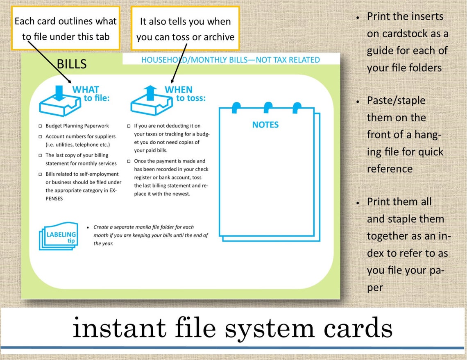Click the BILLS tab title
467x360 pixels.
72,64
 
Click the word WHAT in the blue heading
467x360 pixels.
86,90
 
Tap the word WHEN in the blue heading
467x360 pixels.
179,90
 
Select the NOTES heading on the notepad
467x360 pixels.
265,125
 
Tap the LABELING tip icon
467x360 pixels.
58,235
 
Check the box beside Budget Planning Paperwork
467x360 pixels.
40,126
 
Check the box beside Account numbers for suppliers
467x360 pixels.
40,136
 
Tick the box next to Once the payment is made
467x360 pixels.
129,161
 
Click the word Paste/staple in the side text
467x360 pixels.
390,100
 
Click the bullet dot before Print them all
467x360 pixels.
358,203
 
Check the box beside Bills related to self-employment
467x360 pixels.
40,174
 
